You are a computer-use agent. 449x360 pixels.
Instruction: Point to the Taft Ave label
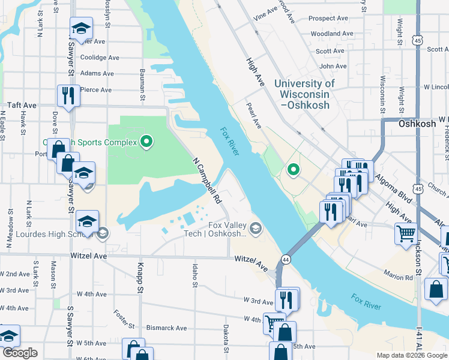(x=22, y=105)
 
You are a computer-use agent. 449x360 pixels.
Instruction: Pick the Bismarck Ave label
(x=166, y=329)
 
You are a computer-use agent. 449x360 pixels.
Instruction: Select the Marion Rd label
(x=400, y=278)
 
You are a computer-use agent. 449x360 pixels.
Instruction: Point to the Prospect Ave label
(x=328, y=19)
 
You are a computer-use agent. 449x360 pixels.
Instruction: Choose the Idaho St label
(x=195, y=275)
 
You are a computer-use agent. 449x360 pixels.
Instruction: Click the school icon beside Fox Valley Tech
(x=256, y=227)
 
